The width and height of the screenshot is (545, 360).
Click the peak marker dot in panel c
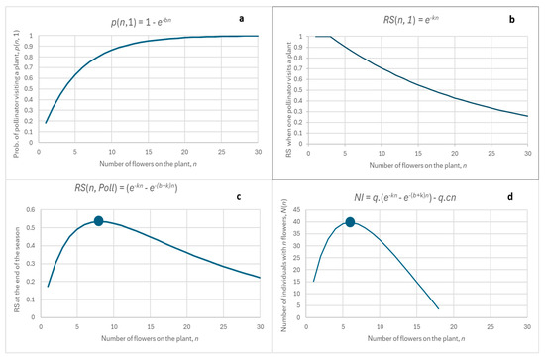coord(99,221)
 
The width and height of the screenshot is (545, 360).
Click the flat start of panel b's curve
coord(322,37)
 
